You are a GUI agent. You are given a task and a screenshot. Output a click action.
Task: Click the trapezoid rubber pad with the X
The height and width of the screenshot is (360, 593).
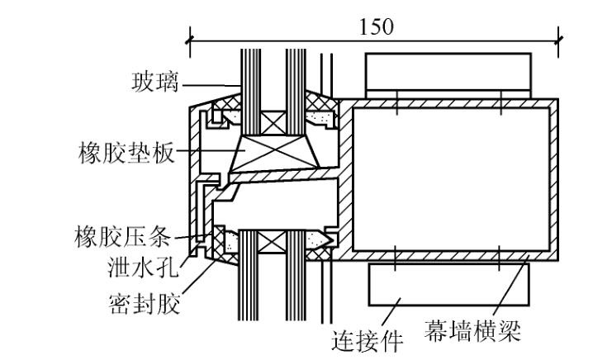pos(270,154)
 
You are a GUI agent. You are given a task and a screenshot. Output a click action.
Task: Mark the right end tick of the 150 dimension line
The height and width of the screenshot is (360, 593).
pos(559,38)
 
